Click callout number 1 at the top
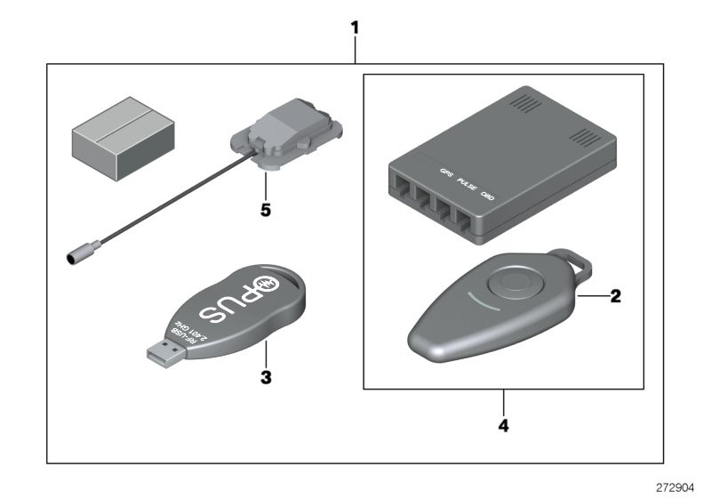[x=355, y=28]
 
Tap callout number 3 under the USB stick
[x=265, y=376]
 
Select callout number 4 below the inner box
[x=504, y=426]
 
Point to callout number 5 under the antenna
[x=264, y=211]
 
